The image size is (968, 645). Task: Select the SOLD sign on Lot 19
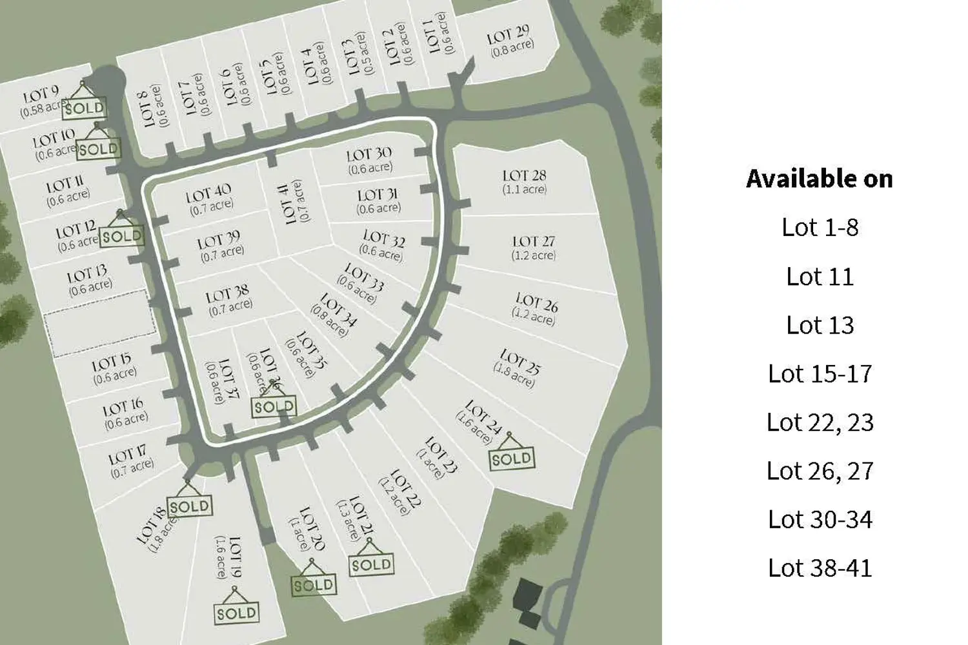236,612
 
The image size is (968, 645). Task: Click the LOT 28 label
524,175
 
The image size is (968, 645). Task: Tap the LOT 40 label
208,192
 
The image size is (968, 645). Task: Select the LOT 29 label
509,35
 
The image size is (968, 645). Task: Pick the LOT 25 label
520,361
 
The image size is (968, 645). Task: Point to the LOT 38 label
227,295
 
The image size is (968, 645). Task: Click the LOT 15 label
111,363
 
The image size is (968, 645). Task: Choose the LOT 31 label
378,195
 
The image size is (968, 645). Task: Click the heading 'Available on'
820,179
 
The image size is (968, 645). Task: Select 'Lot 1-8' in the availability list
820,227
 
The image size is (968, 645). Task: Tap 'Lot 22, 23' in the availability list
820,422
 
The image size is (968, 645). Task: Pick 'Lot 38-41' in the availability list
820,568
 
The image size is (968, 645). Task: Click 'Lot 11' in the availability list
820,276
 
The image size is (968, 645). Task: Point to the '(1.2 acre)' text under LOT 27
534,255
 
